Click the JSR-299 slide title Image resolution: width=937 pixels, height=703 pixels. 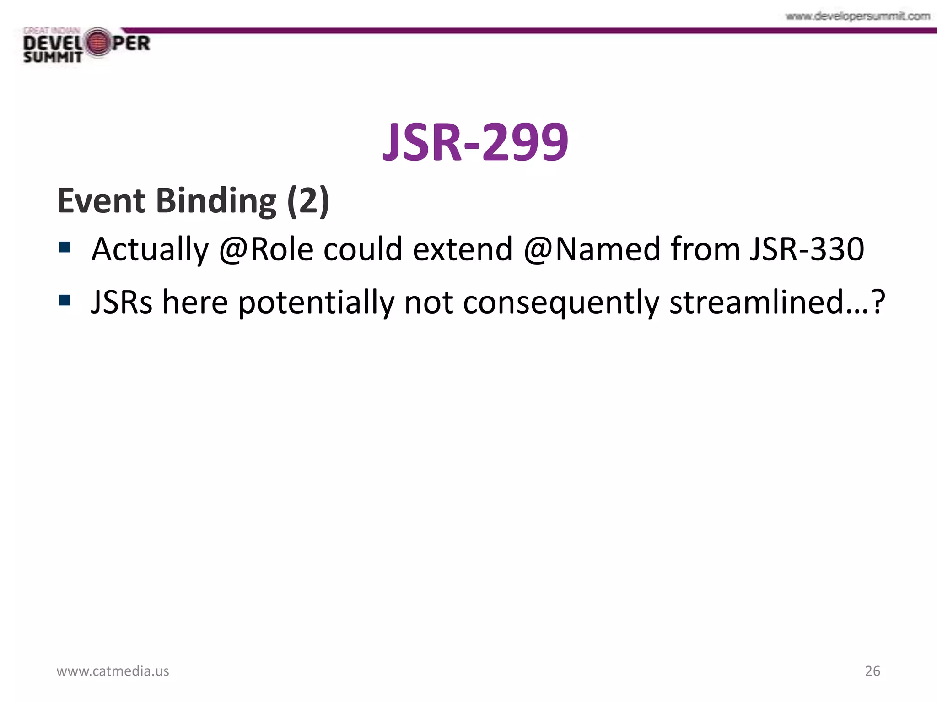pos(475,142)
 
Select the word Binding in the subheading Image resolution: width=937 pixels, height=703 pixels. pos(216,201)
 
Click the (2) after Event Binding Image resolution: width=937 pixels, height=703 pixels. pos(308,201)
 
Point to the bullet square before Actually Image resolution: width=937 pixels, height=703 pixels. pos(65,248)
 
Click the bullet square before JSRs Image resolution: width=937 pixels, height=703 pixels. pos(65,300)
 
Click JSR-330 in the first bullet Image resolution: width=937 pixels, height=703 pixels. pos(807,249)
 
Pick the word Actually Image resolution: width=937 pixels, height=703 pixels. pos(150,250)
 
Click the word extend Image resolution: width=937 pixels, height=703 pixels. pos(462,249)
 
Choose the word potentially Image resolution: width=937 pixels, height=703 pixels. pos(316,303)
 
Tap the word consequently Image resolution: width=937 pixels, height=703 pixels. pos(561,303)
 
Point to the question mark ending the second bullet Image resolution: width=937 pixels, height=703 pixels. pos(878,302)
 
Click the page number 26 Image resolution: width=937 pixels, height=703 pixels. pos(872,671)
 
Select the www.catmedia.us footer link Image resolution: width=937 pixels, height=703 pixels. pos(113,671)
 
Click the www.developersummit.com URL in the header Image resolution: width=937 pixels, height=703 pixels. pos(857,16)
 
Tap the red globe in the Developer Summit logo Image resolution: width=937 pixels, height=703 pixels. pos(97,43)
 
